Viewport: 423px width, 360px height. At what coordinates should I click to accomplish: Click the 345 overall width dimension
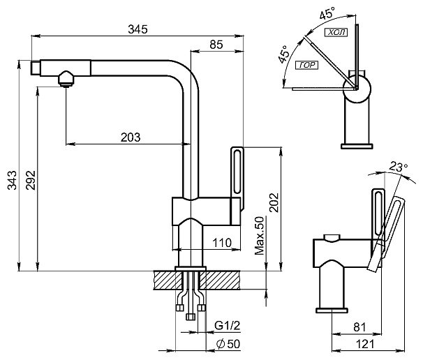[x=138, y=29]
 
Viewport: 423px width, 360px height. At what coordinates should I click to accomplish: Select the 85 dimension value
[x=216, y=45]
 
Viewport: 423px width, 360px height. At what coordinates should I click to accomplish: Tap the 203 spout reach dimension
[x=131, y=137]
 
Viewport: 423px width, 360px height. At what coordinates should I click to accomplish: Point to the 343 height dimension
[x=12, y=180]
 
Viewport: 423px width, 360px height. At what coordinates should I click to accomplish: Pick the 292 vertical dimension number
[x=31, y=180]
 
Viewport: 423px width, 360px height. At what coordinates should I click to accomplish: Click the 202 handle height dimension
[x=274, y=202]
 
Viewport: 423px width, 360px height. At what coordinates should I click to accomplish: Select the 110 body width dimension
[x=222, y=243]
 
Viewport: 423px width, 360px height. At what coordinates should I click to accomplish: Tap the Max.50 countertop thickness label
[x=260, y=236]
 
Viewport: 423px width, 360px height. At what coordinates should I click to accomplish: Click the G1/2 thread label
[x=227, y=326]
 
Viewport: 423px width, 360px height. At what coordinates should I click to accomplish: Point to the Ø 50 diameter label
[x=228, y=344]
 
